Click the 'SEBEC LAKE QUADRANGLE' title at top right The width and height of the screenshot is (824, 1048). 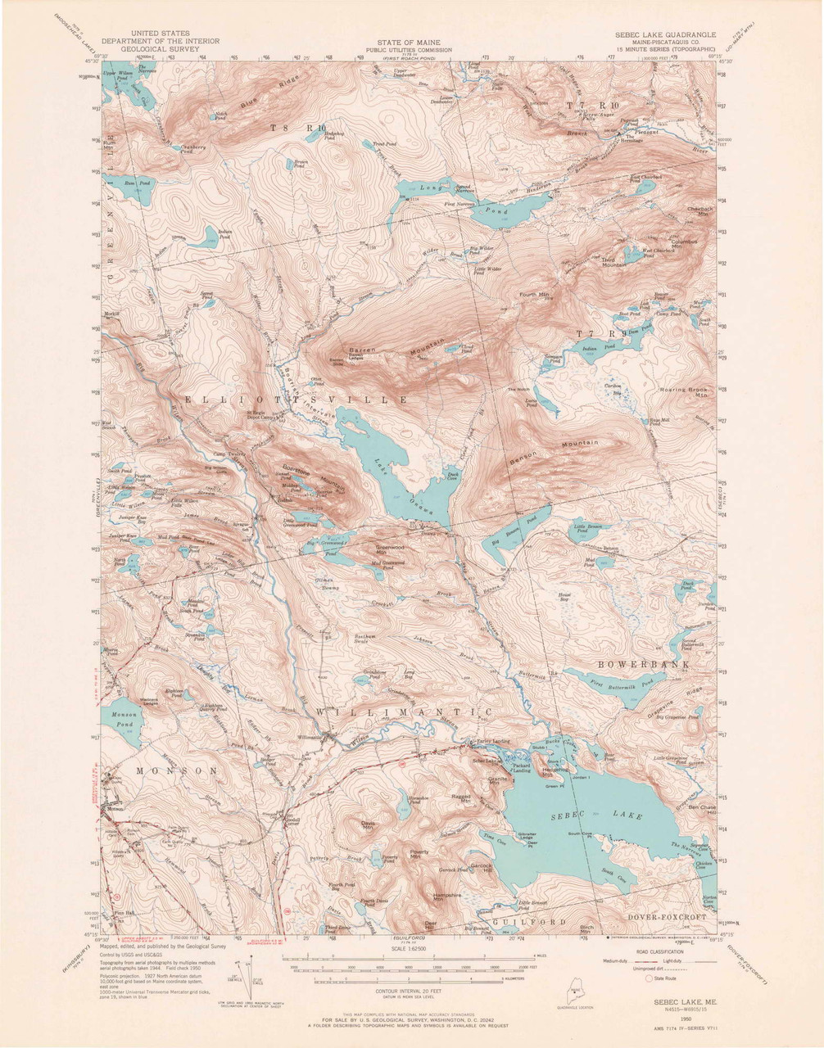[x=666, y=35]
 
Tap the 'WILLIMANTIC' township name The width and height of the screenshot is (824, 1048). [x=403, y=712]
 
